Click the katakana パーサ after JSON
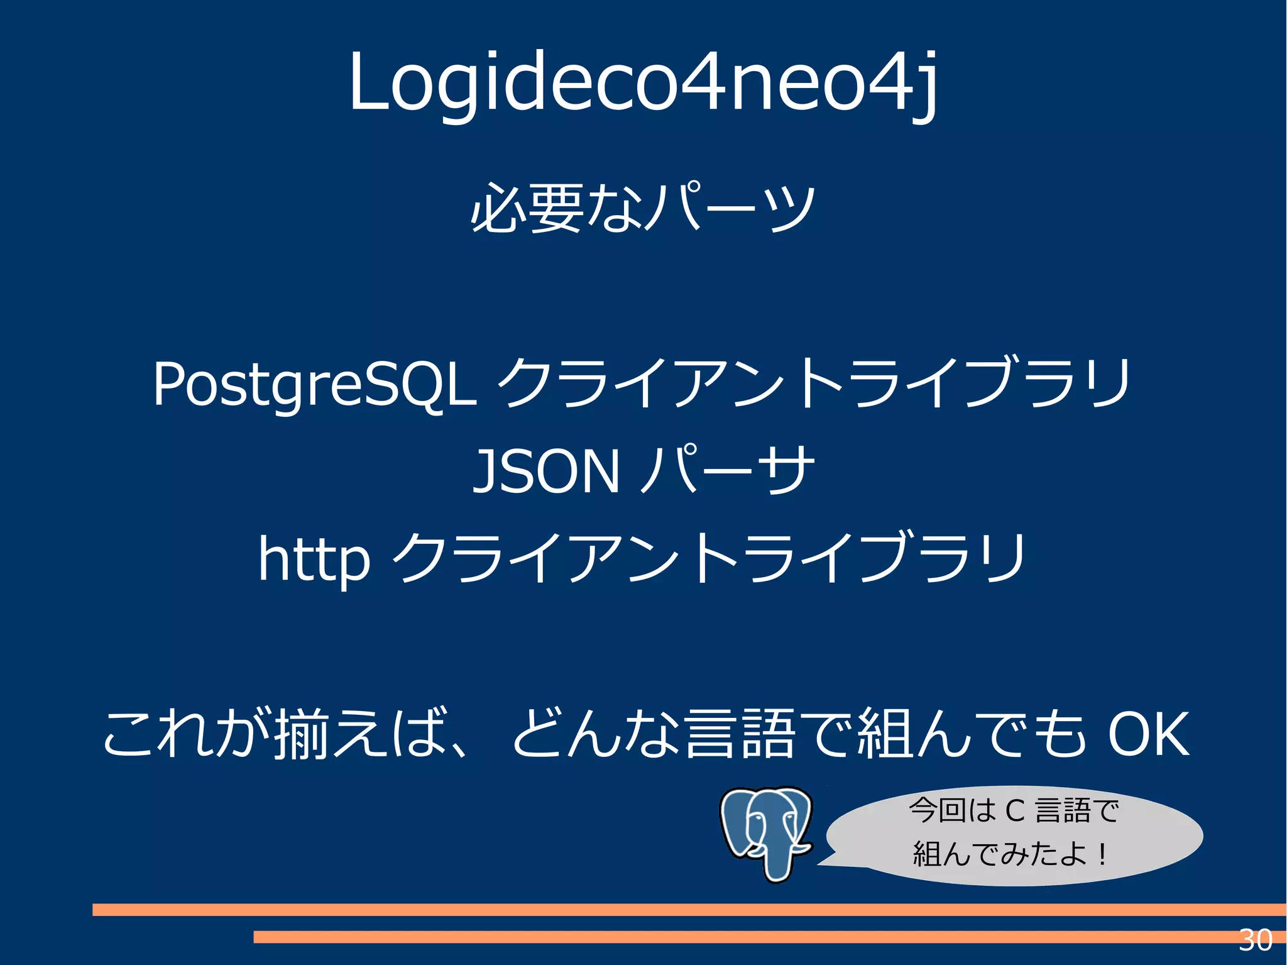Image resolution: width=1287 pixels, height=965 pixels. [x=729, y=470]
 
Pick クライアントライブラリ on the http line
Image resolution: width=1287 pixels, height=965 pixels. [x=710, y=558]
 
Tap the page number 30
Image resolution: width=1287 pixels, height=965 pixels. [x=1255, y=940]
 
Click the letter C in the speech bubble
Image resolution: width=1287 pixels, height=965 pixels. [x=1016, y=811]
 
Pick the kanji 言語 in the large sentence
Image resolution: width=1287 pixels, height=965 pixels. [x=742, y=734]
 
